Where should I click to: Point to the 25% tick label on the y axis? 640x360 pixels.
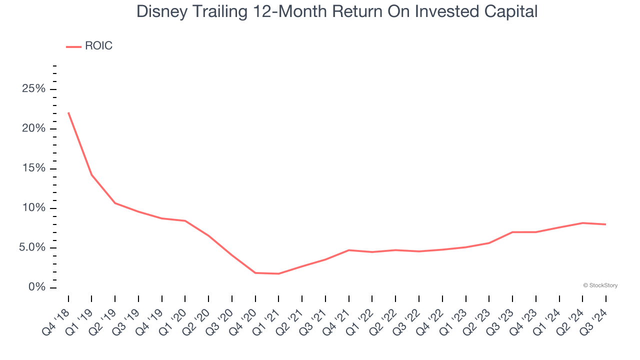pyautogui.click(x=33, y=89)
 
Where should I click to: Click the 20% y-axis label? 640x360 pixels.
pyautogui.click(x=33, y=128)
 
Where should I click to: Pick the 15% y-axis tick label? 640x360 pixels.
pyautogui.click(x=33, y=168)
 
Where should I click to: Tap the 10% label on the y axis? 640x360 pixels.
pyautogui.click(x=33, y=208)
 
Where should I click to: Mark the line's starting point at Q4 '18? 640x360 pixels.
pyautogui.click(x=68, y=113)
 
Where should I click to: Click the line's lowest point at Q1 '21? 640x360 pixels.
pyautogui.click(x=278, y=273)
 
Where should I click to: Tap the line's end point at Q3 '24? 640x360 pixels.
pyautogui.click(x=605, y=224)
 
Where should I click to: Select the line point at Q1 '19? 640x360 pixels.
pyautogui.click(x=91, y=174)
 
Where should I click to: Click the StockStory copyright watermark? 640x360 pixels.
pyautogui.click(x=600, y=285)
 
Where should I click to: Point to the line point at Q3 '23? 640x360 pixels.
pyautogui.click(x=512, y=232)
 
